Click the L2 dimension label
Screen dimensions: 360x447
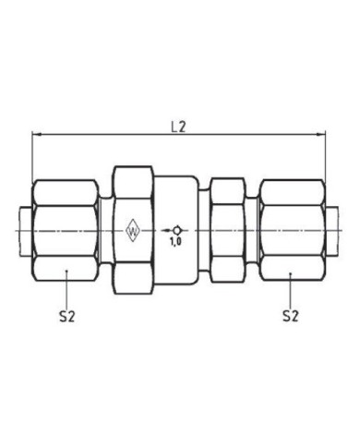[x=178, y=127]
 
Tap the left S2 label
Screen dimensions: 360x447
[x=67, y=316]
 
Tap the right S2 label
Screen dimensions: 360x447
[x=291, y=316]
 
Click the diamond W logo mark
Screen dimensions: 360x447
[x=133, y=231]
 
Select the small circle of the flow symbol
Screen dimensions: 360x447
[x=177, y=230]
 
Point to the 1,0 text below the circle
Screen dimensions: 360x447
[x=175, y=242]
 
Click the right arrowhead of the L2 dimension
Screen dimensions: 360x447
[x=321, y=134]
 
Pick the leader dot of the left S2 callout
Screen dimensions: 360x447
[x=66, y=272]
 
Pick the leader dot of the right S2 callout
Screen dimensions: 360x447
[x=291, y=272]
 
